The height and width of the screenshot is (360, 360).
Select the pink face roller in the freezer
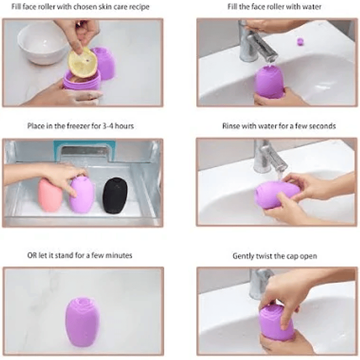point(50,195)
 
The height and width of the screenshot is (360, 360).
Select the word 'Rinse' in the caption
point(231,126)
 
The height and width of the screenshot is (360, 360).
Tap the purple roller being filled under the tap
point(270,82)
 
